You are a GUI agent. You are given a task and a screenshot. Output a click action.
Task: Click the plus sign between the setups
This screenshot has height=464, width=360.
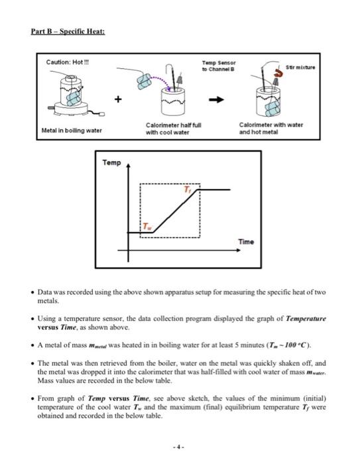[x=120, y=101]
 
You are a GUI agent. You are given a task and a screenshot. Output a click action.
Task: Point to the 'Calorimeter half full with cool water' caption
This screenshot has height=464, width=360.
[x=167, y=129]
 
